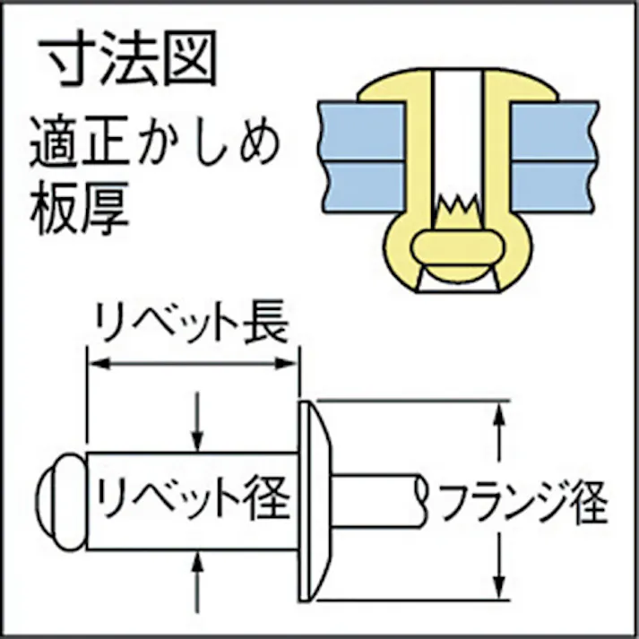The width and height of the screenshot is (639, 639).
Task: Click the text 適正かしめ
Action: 155,142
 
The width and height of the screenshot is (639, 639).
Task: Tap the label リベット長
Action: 192,322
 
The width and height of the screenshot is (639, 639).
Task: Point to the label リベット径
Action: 193,498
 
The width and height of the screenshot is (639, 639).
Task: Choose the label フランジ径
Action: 523,502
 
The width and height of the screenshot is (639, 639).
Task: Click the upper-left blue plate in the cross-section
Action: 362,131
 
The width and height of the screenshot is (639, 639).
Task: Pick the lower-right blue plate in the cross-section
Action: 554,186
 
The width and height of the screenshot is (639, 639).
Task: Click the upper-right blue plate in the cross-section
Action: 554,131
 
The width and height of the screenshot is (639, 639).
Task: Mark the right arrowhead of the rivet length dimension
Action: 285,364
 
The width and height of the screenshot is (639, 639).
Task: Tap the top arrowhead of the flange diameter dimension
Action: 499,413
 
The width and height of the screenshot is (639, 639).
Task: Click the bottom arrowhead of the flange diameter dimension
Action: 499,588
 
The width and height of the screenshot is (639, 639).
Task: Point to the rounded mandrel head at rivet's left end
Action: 61,502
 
